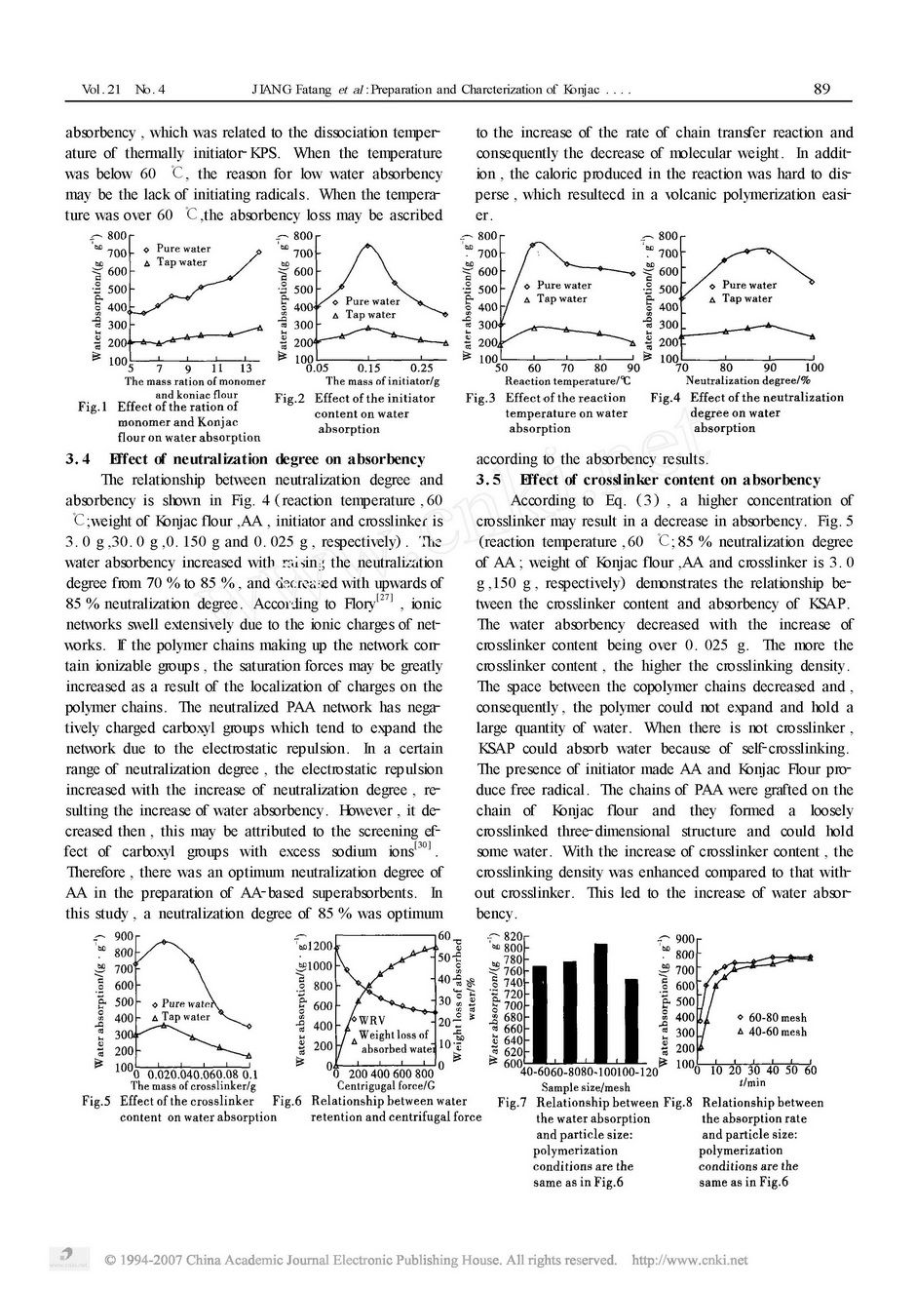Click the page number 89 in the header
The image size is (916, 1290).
click(821, 90)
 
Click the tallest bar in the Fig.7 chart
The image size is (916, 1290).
click(600, 1004)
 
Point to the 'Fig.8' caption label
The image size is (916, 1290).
click(678, 1103)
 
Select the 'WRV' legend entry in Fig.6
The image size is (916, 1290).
click(372, 1021)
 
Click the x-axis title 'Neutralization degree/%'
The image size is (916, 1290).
click(747, 380)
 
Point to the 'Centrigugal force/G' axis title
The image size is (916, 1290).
click(385, 1085)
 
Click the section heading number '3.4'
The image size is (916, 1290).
click(78, 459)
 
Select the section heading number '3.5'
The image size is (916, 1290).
click(489, 480)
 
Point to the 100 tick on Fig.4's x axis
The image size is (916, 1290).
click(814, 369)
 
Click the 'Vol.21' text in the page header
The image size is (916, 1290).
click(102, 90)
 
